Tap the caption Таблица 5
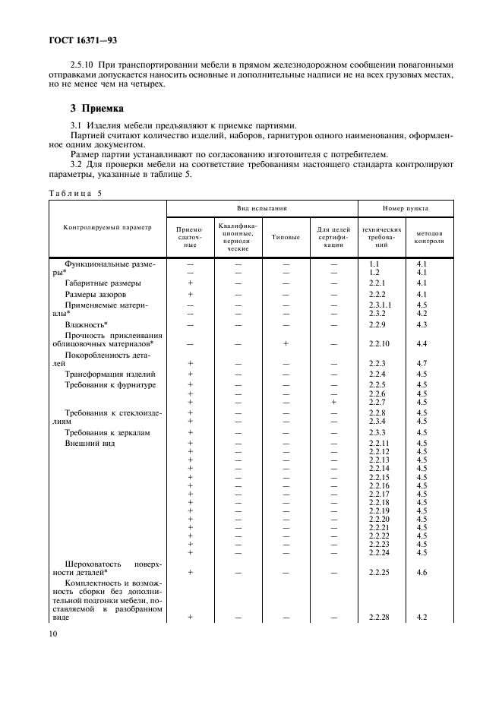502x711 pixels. click(75, 193)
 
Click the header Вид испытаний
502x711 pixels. click(261, 207)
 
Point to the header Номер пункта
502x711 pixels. click(405, 207)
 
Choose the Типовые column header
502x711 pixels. click(286, 237)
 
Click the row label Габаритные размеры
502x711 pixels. click(96, 283)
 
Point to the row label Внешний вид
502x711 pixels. click(90, 443)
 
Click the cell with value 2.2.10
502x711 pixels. click(378, 344)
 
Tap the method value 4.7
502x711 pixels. click(421, 364)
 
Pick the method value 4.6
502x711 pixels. click(421, 572)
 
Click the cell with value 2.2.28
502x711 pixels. click(378, 618)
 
